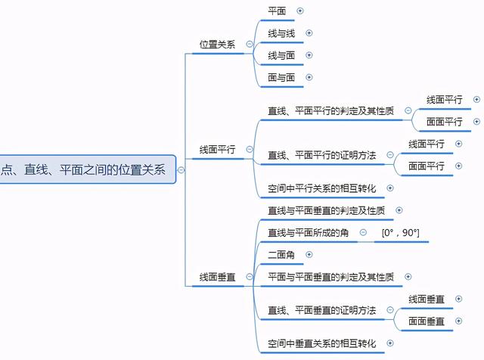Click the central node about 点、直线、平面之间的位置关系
click(x=83, y=170)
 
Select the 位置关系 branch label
click(x=217, y=45)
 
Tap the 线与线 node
click(x=281, y=33)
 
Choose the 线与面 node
click(x=281, y=55)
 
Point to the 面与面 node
click(x=281, y=77)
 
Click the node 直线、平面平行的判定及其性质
click(x=330, y=110)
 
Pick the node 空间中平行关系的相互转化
click(x=321, y=188)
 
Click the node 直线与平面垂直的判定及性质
click(x=326, y=210)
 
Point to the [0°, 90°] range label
click(x=400, y=232)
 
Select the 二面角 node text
click(x=281, y=255)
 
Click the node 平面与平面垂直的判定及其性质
click(x=330, y=278)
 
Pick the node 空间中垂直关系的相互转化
click(x=321, y=344)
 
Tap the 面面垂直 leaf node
click(x=427, y=321)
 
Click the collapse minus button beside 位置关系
click(x=249, y=45)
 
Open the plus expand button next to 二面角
click(x=309, y=255)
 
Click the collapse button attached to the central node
click(x=181, y=170)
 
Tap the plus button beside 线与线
click(x=309, y=33)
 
